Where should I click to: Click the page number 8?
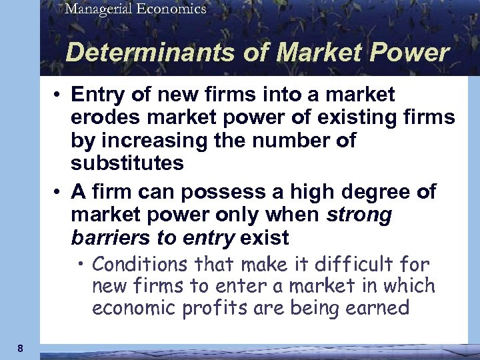(21, 348)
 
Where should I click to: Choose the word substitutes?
(126, 163)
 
